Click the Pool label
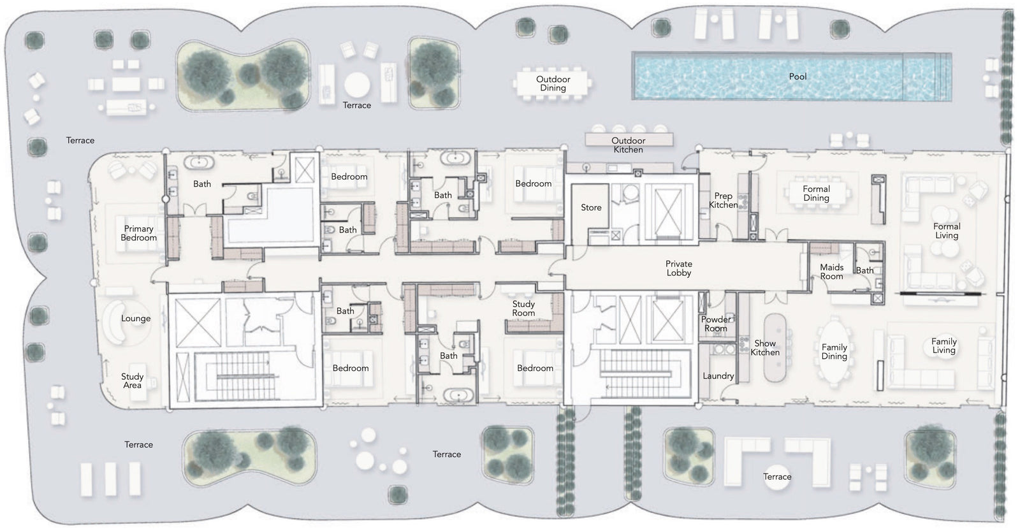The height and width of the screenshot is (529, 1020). click(x=798, y=76)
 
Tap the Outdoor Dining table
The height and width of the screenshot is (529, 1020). click(x=552, y=83)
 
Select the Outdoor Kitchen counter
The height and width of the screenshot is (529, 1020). click(x=629, y=140)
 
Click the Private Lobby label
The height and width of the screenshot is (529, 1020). click(x=678, y=268)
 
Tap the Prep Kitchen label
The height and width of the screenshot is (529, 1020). click(x=723, y=200)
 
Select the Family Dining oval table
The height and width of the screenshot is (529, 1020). click(x=834, y=352)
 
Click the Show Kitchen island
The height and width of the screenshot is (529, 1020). click(x=775, y=347)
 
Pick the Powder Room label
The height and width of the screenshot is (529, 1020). click(x=716, y=324)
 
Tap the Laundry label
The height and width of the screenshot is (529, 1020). click(x=718, y=375)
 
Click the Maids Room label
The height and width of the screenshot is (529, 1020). click(x=831, y=272)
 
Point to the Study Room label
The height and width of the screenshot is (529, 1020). click(x=523, y=308)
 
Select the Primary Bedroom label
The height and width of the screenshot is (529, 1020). click(x=138, y=233)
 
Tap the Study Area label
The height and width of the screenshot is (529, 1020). click(x=132, y=380)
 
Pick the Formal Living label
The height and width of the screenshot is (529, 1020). click(x=947, y=231)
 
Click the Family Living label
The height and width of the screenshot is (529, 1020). click(x=943, y=345)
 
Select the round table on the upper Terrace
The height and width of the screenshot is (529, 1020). click(x=357, y=85)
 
